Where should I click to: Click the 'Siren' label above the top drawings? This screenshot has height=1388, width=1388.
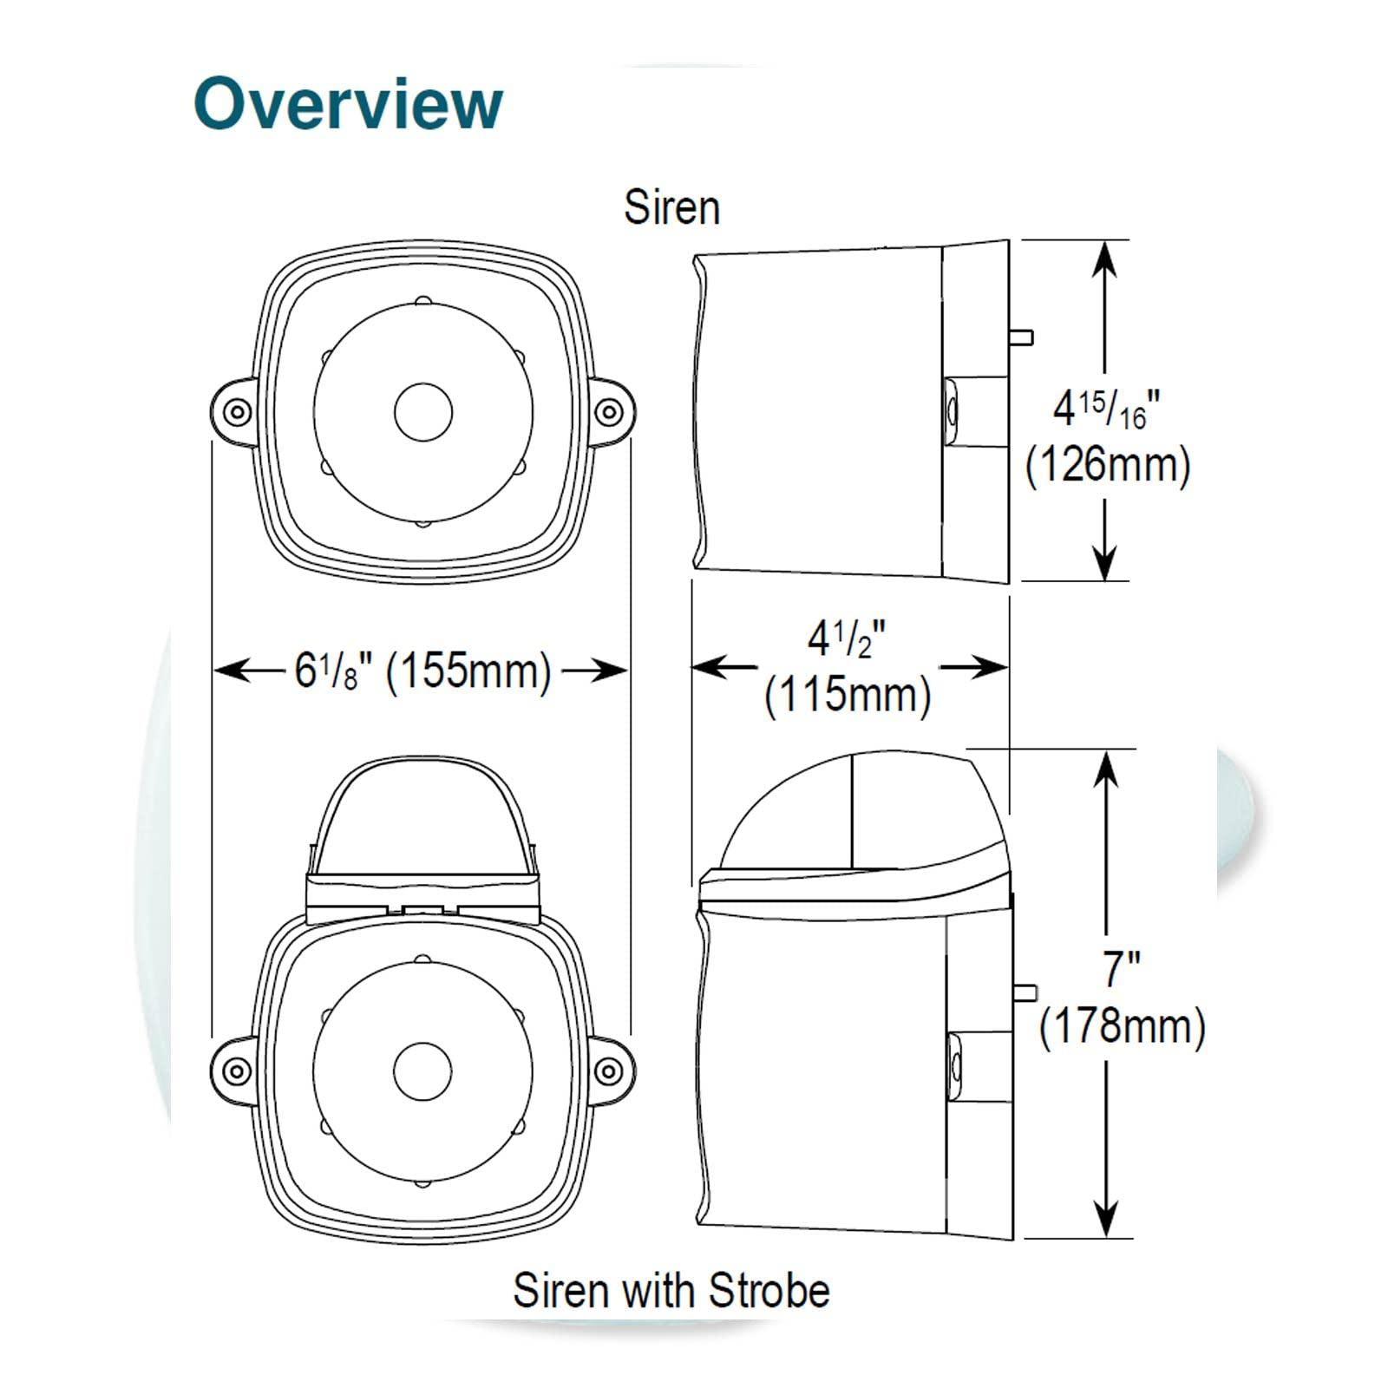pos(672,208)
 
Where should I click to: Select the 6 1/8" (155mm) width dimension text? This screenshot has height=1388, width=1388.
pos(422,671)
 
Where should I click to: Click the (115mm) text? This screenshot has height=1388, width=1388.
pos(848,695)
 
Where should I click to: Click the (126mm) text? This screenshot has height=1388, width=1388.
pos(1108,466)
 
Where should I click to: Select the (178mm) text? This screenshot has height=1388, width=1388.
pos(1122,1026)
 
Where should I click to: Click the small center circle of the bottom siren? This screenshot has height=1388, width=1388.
pos(423,1069)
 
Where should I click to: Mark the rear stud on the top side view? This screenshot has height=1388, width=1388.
pos(1021,337)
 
